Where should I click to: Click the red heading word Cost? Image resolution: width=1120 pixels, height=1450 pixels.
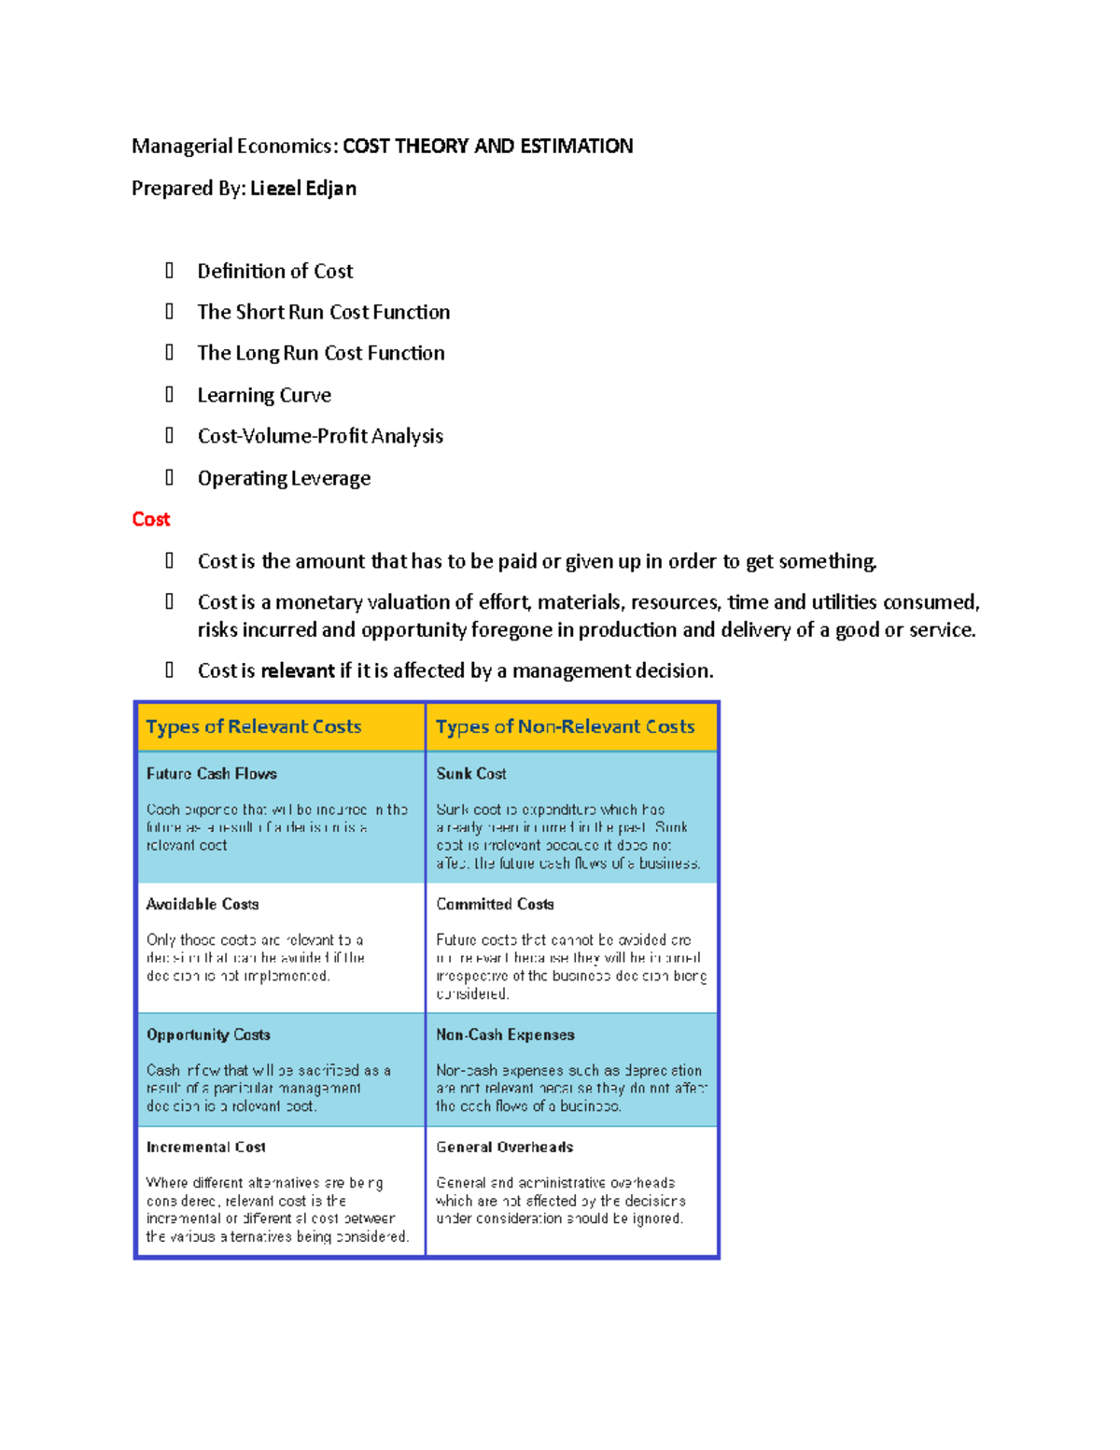[x=150, y=519]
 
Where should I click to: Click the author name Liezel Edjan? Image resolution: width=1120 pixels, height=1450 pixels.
[x=303, y=189]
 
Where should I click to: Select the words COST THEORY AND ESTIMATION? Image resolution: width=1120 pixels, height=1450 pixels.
[x=487, y=147]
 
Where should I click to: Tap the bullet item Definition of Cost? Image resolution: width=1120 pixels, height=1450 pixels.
[x=274, y=272]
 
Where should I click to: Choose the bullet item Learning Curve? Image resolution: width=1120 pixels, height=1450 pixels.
[x=264, y=396]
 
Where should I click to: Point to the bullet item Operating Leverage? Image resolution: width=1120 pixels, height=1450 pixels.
[x=284, y=479]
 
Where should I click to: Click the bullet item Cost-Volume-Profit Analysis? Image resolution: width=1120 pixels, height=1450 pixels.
[x=320, y=437]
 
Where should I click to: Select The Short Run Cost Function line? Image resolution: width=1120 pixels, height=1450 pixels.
[x=323, y=313]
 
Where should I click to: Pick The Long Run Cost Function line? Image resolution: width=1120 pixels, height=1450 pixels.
[x=321, y=354]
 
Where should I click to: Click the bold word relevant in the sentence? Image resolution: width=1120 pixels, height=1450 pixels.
[x=298, y=671]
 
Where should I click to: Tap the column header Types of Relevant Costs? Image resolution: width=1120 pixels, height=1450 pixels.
[x=253, y=727]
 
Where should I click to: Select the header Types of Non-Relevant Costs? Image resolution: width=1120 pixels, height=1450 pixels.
[x=565, y=727]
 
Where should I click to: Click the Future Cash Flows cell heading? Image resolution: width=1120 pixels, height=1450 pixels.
[x=211, y=774]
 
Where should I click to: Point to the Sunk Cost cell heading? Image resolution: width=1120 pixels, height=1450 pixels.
[x=471, y=774]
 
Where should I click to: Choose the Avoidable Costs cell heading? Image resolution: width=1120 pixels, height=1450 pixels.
[x=203, y=905]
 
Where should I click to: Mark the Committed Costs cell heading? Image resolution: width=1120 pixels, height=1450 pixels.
[x=495, y=905]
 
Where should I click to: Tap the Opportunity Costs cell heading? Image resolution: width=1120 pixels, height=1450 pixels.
[x=208, y=1035]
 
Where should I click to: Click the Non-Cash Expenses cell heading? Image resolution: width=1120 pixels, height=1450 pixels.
[x=505, y=1035]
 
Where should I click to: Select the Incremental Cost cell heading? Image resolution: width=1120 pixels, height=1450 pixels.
[x=205, y=1147]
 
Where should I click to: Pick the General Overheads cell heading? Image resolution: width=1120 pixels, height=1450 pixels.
[x=504, y=1147]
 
